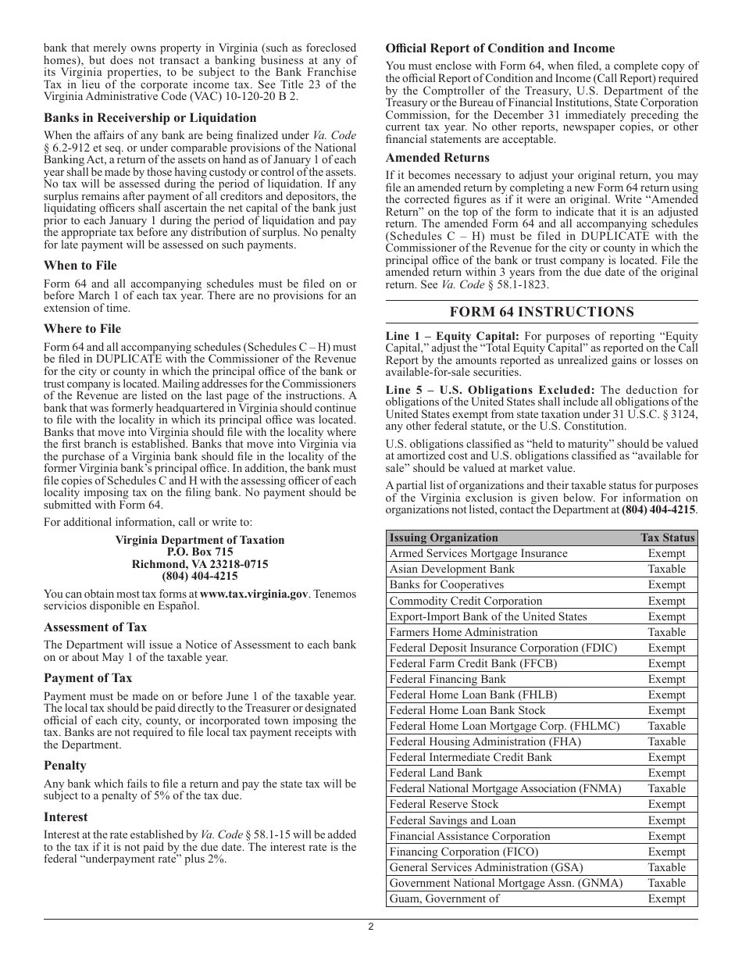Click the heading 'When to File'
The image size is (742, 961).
(80, 265)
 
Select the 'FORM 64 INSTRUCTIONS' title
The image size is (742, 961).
(541, 312)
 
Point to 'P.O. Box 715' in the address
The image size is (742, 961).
(200, 552)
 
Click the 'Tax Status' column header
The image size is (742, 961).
(667, 538)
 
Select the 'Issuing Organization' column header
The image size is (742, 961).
(443, 538)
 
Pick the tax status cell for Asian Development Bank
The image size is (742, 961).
(666, 569)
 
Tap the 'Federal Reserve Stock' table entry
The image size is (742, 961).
(443, 804)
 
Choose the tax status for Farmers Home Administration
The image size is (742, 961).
(666, 632)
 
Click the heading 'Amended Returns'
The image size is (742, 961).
(437, 158)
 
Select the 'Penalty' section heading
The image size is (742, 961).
(65, 765)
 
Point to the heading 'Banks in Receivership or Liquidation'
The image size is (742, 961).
(150, 118)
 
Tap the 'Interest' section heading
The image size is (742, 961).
(66, 816)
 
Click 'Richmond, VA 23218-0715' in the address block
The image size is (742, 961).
(200, 564)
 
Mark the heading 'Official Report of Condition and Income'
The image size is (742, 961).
(500, 48)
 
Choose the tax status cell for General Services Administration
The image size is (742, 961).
(666, 867)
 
